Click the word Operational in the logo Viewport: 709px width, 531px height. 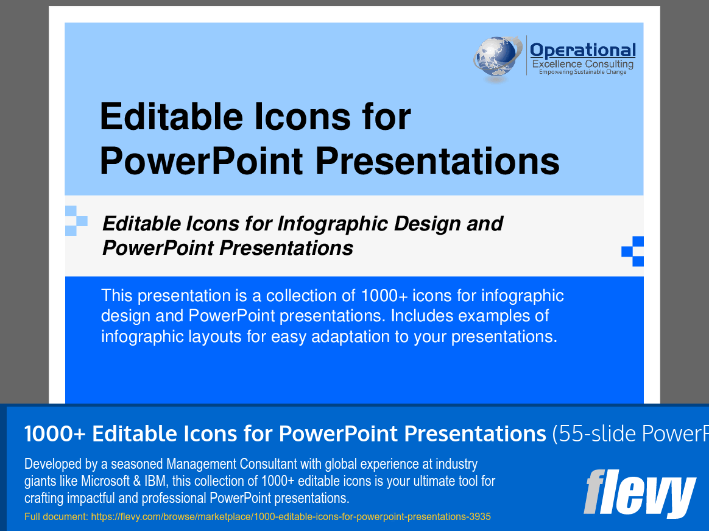tap(582, 50)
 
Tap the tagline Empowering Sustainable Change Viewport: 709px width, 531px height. tap(582, 72)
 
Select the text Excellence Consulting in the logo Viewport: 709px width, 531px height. tap(582, 64)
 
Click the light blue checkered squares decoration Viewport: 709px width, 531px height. tap(76, 221)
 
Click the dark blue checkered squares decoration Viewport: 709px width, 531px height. tap(633, 251)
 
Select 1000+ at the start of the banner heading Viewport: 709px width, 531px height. tap(54, 433)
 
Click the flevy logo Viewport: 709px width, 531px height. tap(639, 493)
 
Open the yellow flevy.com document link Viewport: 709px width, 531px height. tap(257, 517)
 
